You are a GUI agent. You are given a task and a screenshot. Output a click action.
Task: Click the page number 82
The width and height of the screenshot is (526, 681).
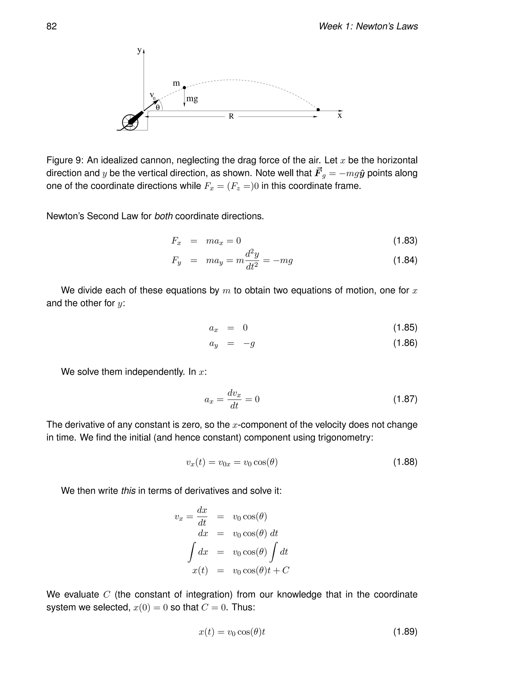(x=51, y=26)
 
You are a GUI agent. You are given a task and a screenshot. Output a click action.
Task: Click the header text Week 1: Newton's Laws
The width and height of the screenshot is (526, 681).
(x=368, y=26)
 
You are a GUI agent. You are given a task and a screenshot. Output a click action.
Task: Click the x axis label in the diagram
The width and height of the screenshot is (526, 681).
(x=340, y=116)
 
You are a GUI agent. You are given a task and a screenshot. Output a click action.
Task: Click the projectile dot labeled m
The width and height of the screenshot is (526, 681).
(x=184, y=88)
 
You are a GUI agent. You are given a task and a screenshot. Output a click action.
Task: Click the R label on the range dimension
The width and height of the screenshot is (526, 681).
(x=231, y=116)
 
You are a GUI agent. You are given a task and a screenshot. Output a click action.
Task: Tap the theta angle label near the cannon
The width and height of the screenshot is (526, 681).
(x=158, y=108)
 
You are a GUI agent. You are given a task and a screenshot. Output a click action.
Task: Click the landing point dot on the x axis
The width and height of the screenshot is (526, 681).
(x=318, y=110)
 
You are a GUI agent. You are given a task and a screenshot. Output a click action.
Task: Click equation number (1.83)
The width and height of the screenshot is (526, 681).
(x=405, y=241)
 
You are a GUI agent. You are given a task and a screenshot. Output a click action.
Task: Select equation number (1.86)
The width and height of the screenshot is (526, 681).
(x=405, y=343)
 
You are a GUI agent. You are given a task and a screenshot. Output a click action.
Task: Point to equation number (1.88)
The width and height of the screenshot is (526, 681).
(x=405, y=462)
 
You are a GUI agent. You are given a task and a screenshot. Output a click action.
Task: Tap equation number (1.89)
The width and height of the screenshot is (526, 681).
(x=405, y=632)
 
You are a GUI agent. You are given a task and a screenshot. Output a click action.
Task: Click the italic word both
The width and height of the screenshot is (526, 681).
(x=164, y=216)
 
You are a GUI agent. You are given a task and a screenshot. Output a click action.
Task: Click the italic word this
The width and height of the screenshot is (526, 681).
(x=128, y=491)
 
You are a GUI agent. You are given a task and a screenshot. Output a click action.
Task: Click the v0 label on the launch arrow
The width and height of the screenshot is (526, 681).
(x=152, y=95)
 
